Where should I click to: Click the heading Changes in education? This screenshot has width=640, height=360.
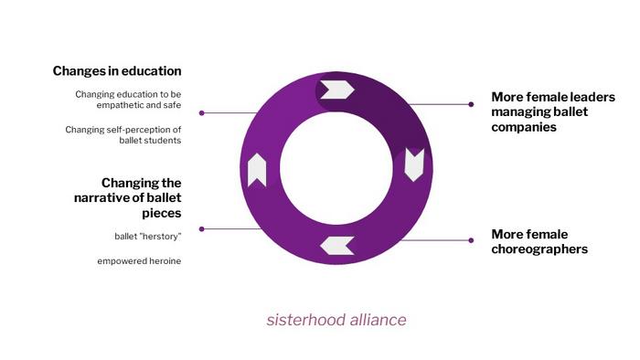117,71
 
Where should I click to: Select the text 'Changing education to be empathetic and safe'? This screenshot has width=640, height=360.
128,100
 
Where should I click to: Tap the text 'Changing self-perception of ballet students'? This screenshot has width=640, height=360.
123,135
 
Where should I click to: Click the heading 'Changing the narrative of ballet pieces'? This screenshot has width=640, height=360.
128,197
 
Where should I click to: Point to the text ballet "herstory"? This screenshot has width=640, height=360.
148,237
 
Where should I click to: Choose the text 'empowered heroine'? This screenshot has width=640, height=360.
139,261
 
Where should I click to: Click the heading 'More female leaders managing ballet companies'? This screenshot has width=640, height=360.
553,111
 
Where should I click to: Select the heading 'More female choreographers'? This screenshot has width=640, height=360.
539,242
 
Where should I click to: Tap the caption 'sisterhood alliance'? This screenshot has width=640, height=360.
336,320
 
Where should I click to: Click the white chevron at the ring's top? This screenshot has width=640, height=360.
337,90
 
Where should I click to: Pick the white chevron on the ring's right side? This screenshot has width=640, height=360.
414,164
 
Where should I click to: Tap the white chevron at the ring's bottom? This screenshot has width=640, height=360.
337,246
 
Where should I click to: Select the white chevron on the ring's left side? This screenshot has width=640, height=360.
257,170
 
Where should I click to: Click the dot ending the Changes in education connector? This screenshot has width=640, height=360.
202,113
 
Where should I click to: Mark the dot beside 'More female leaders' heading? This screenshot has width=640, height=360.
471,104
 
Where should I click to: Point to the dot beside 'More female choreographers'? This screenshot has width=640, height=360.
471,240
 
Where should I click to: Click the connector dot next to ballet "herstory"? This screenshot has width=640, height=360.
202,229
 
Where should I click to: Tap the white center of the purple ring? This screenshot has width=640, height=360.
336,168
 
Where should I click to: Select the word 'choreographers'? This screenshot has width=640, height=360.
539,249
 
